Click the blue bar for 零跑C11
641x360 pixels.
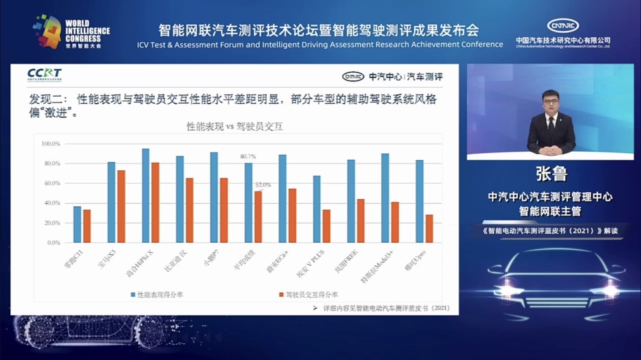pos(77,224)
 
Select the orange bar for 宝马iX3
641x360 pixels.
pos(121,206)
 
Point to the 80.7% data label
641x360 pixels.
pos(248,156)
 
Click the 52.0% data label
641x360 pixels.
pos(263,185)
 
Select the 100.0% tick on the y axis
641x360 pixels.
pos(51,143)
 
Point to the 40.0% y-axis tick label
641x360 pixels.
pos(51,203)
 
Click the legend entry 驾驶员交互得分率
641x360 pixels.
pos(308,295)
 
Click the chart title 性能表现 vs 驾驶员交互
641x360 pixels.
pos(235,127)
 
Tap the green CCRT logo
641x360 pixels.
pos(44,75)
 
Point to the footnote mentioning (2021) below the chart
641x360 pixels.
pos(381,308)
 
